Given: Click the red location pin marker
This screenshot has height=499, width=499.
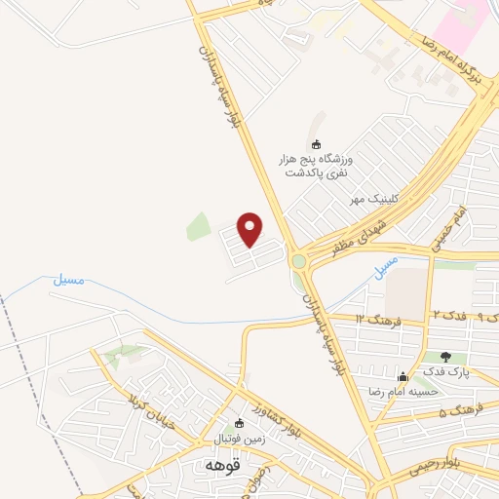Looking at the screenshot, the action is click(251, 229).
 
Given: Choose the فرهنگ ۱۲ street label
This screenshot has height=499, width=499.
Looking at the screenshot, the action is click(373, 319).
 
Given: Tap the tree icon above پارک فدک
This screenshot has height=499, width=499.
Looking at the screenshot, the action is click(446, 357).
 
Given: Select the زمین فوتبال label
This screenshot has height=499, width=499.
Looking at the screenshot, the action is click(247, 440).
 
